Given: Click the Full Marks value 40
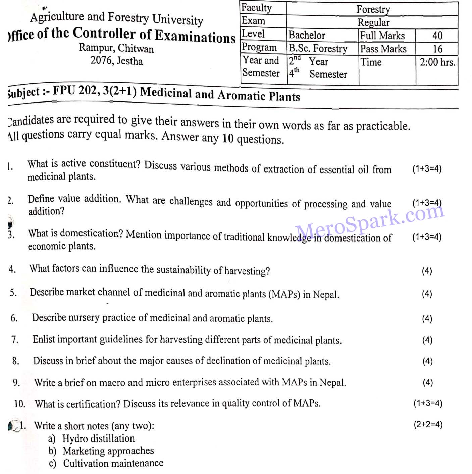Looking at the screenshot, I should [x=437, y=36].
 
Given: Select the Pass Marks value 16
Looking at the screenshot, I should [x=437, y=49].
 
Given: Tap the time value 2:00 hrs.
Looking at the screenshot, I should [x=437, y=62].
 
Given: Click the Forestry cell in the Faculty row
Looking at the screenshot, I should [x=373, y=9].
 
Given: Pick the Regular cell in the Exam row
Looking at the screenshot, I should [x=373, y=22].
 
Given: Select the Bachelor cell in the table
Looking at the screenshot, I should [x=307, y=35].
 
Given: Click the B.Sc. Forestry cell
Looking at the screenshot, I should [x=318, y=49].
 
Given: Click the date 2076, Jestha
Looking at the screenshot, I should [x=116, y=61].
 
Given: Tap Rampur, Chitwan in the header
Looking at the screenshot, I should [x=116, y=48].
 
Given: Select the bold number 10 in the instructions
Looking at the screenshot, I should [x=227, y=138].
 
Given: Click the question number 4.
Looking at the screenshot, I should [x=12, y=269].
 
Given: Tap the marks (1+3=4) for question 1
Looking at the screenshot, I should [x=427, y=169].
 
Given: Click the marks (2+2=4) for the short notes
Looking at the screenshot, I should [x=428, y=424].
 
